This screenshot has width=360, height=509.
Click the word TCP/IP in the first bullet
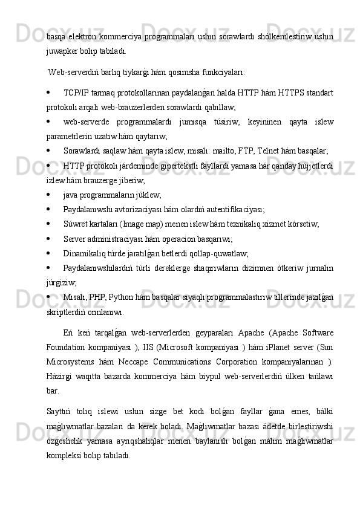click(x=76, y=92)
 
